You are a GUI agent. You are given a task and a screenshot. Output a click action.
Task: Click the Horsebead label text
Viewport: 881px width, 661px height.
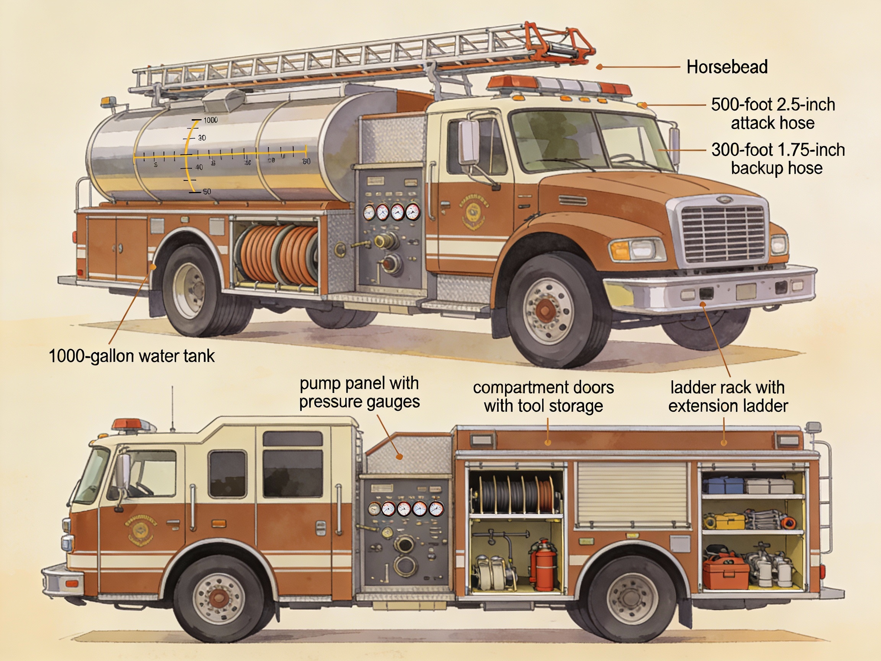coord(727,67)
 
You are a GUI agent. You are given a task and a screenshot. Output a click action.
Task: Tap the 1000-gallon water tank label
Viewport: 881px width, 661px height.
coord(132,356)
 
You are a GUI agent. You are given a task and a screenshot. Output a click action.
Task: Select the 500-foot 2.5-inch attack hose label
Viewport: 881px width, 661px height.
coord(773,114)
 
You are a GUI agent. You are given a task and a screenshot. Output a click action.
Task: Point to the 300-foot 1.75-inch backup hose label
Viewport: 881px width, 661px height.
coord(777,159)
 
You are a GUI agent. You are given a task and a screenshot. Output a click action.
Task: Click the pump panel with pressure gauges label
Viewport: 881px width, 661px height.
coord(359,392)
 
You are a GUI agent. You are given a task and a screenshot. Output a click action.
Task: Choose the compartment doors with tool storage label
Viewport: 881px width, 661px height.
coord(543,396)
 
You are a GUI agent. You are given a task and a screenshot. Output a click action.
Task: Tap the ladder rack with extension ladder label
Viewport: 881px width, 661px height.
coord(728,396)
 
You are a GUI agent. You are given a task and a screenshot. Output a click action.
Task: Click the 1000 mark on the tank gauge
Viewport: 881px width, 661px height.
coord(210,120)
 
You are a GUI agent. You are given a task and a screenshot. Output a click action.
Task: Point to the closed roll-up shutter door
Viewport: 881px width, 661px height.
coord(632,494)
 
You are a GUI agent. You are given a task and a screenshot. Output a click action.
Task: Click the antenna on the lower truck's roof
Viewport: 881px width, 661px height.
coord(172,409)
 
